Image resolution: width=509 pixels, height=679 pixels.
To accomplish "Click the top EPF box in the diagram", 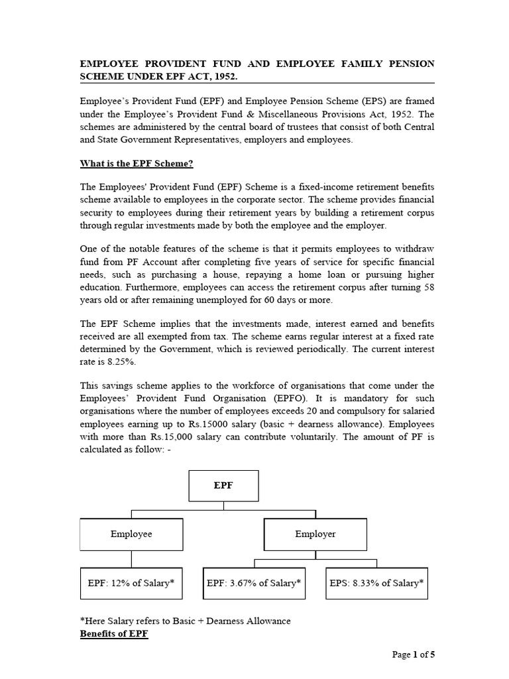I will pos(223,485).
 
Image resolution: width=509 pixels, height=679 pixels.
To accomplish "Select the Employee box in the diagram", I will pos(131,534).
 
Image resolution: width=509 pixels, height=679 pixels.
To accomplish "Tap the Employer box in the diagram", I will pos(315,534).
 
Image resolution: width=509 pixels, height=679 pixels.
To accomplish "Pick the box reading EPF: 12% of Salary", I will pos(131,584).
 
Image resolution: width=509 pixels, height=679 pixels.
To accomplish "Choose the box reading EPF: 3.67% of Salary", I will pos(254,584).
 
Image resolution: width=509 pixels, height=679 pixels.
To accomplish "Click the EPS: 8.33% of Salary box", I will pos(376,584).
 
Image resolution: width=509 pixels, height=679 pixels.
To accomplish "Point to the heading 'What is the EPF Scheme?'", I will pos(137,163).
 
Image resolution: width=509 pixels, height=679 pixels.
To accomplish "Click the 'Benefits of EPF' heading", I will pos(114,634).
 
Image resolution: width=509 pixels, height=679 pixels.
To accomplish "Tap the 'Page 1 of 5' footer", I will pos(414,654).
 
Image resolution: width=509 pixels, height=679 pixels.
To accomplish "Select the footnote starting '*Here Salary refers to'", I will pos(185,621).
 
